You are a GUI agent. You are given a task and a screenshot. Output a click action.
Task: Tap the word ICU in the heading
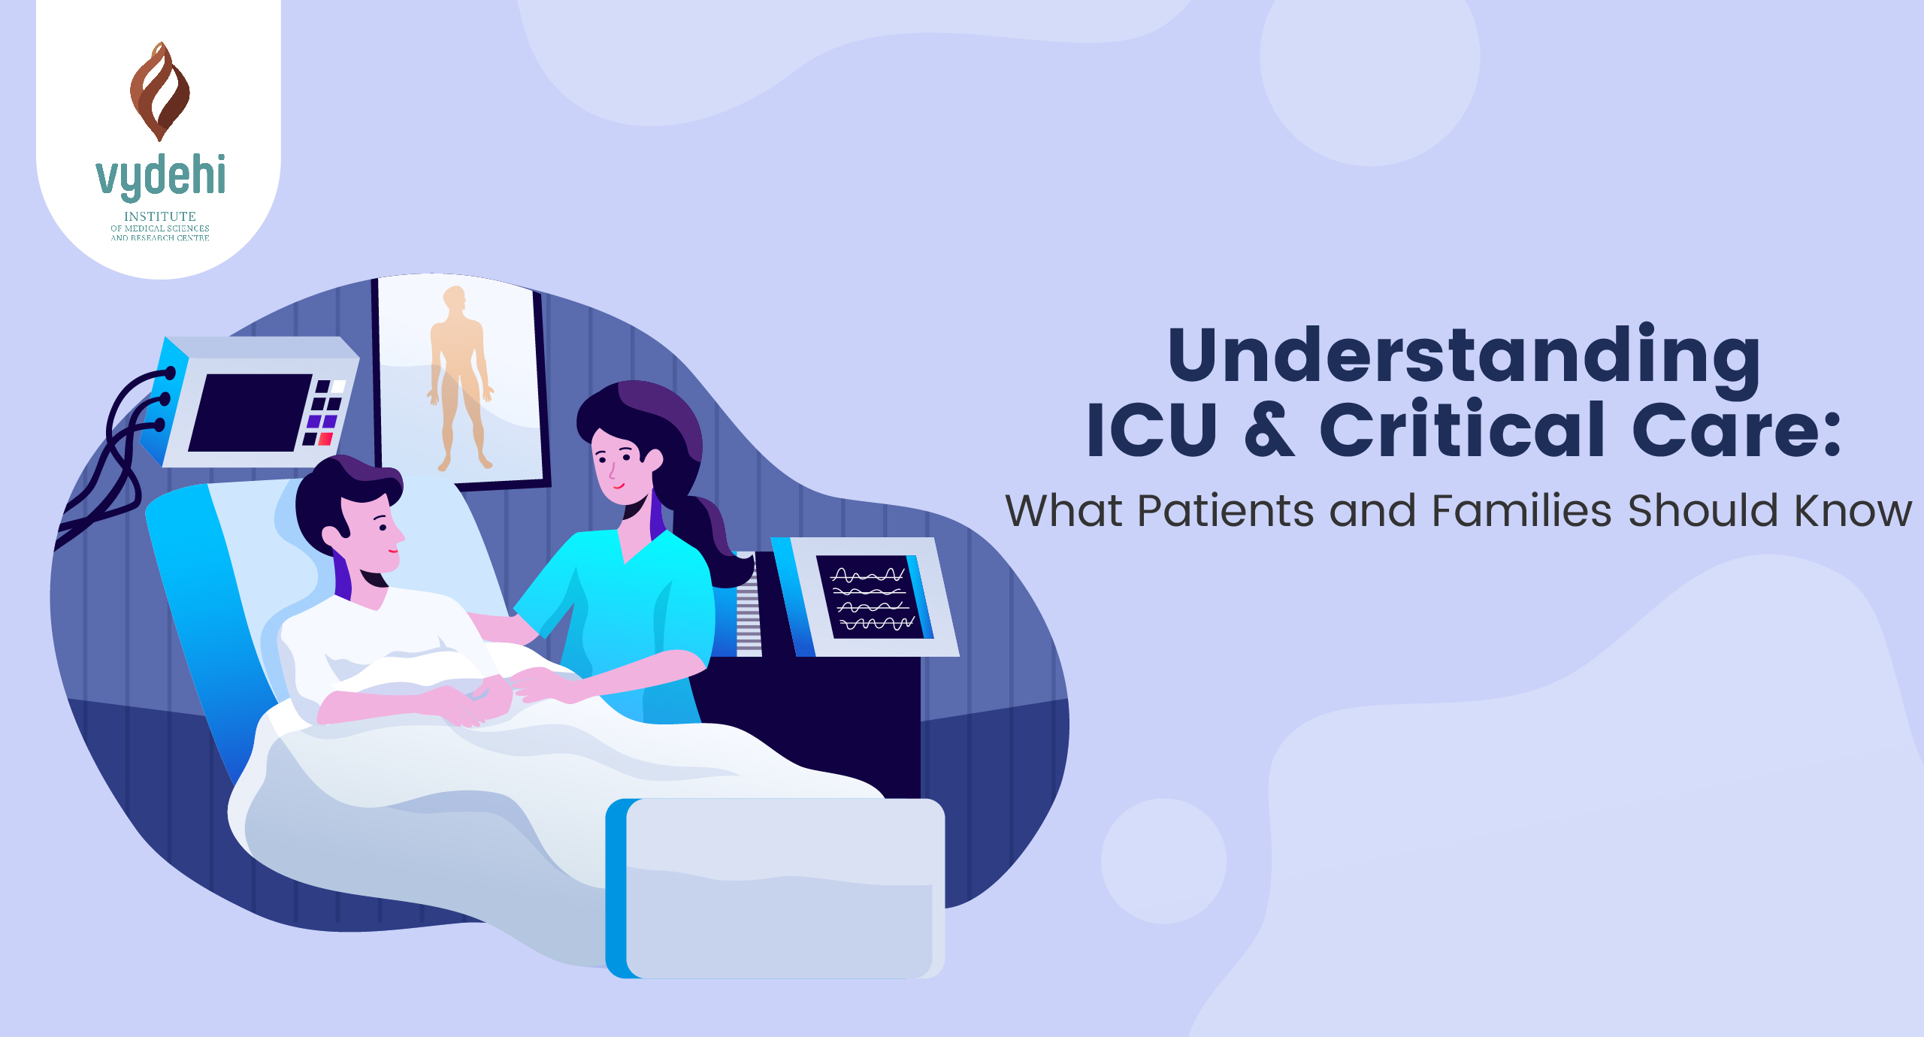pos(1151,430)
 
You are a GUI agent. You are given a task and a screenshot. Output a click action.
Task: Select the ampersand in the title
pos(1269,430)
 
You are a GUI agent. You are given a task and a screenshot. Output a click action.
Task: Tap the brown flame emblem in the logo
pos(159,92)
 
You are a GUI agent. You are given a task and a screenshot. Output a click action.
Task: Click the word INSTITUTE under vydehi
pos(160,216)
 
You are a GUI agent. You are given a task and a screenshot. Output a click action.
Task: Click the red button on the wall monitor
pos(325,439)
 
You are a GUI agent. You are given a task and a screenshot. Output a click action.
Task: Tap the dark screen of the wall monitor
pos(249,413)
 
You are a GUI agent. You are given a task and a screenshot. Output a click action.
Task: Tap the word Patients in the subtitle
pos(1225,511)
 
